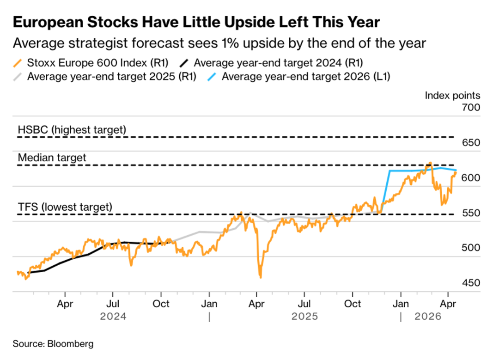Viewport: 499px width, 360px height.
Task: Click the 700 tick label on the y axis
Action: [x=471, y=108]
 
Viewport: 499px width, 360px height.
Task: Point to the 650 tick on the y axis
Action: [x=471, y=143]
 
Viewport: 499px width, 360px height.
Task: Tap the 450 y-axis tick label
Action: [x=471, y=283]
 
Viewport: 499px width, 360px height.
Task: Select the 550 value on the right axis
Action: [x=471, y=213]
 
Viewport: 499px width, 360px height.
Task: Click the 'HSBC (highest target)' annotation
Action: [x=72, y=130]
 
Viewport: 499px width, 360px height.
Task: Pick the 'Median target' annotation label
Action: [x=52, y=158]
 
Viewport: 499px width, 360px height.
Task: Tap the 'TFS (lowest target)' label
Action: [x=65, y=207]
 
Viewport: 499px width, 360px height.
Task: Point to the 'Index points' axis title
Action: [x=452, y=96]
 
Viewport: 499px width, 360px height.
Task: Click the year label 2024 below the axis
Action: [x=113, y=317]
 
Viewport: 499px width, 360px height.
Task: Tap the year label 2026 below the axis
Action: [x=428, y=317]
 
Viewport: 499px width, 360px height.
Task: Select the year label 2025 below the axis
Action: [x=304, y=317]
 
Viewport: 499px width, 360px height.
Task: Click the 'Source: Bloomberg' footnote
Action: [x=53, y=344]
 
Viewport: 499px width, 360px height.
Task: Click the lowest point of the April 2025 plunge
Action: [x=260, y=277]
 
